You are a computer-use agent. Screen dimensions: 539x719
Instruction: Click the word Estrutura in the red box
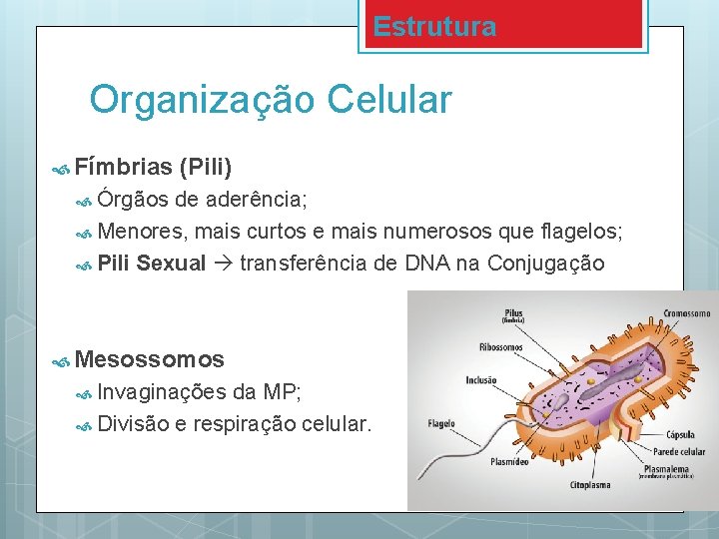click(434, 27)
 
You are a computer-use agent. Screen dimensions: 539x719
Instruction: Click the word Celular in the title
click(390, 100)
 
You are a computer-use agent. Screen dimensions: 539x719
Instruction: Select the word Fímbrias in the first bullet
click(124, 165)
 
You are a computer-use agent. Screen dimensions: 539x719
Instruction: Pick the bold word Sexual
click(171, 264)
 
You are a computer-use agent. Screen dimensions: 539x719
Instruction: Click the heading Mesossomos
click(150, 358)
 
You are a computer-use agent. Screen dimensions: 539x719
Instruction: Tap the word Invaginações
click(162, 391)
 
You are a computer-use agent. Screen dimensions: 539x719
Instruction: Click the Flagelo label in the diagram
click(441, 424)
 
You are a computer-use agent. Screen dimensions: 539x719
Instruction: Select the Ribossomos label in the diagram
click(500, 347)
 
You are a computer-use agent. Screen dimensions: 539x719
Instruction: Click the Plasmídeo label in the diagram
click(509, 462)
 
